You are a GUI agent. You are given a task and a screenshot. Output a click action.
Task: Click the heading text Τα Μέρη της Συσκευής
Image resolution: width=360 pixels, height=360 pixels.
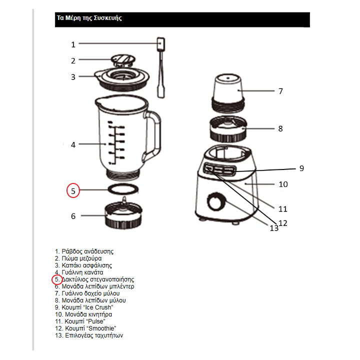click(x=89, y=18)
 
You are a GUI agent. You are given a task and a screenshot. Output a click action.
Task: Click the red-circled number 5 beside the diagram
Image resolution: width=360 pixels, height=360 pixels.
click(x=73, y=190)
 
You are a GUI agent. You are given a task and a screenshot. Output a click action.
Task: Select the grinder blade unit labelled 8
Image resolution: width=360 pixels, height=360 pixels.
click(x=227, y=128)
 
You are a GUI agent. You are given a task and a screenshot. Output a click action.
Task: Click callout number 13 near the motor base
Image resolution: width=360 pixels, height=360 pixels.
click(x=273, y=228)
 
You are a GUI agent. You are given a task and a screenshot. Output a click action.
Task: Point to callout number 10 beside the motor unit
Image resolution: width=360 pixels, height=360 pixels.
click(x=283, y=184)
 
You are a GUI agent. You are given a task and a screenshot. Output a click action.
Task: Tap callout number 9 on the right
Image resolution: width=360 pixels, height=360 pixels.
click(x=301, y=168)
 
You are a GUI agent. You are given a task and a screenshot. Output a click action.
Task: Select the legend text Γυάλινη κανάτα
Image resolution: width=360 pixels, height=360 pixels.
click(x=82, y=272)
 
